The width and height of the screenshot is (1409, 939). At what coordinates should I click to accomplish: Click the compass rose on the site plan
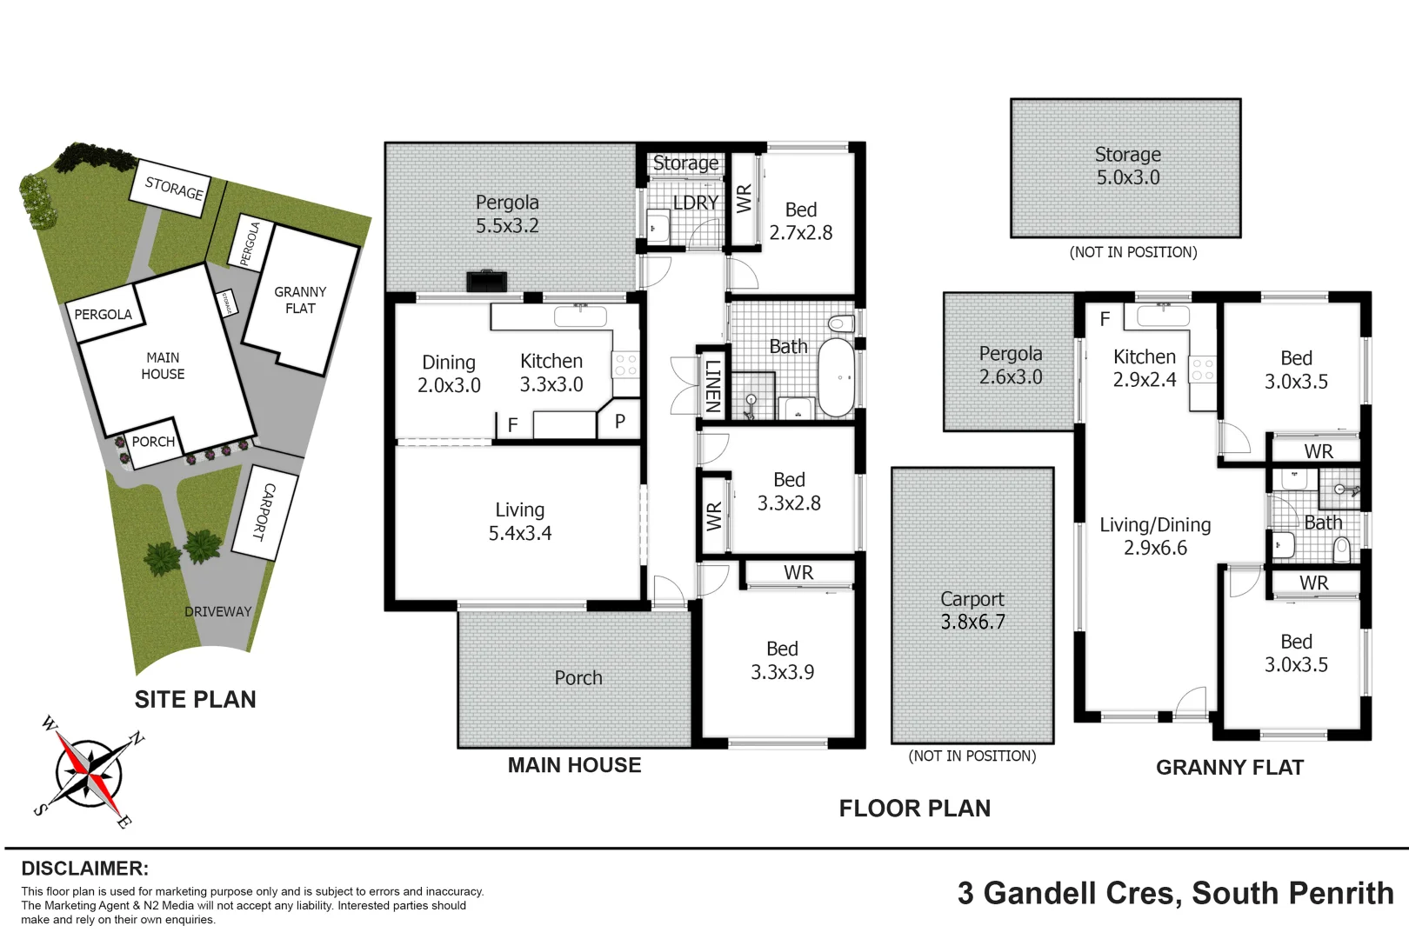coord(88,772)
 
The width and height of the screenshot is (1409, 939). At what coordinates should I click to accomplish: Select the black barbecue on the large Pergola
coord(486,281)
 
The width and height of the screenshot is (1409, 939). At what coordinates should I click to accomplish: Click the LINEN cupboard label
coord(712,385)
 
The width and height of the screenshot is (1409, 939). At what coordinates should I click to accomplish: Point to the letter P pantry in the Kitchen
coord(620,422)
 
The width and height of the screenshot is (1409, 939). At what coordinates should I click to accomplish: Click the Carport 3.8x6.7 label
coord(972,610)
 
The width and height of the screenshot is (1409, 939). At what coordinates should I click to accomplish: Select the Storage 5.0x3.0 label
coord(1127,166)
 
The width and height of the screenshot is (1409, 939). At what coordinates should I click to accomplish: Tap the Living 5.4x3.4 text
coord(520,522)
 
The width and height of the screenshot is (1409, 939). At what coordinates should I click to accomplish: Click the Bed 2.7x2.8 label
coord(800,221)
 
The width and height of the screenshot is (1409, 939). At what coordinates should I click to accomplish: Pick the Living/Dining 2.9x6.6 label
coord(1155,536)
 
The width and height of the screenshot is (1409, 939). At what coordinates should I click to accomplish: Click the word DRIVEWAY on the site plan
coord(217,612)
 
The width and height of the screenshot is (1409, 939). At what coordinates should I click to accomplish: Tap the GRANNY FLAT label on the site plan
coord(300,300)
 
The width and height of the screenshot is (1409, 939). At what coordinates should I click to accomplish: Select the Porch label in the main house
coord(578,677)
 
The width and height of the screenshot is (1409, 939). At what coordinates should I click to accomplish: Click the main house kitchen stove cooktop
coord(626,364)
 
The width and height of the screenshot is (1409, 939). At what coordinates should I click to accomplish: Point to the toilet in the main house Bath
coord(840,323)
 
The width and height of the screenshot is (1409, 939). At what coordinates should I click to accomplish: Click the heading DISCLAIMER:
coord(84,869)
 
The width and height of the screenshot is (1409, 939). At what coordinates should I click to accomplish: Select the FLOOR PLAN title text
coord(914,809)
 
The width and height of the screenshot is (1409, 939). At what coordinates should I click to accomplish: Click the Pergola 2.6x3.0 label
coord(1010,365)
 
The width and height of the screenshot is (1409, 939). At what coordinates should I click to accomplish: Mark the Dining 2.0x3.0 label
coord(449,374)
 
